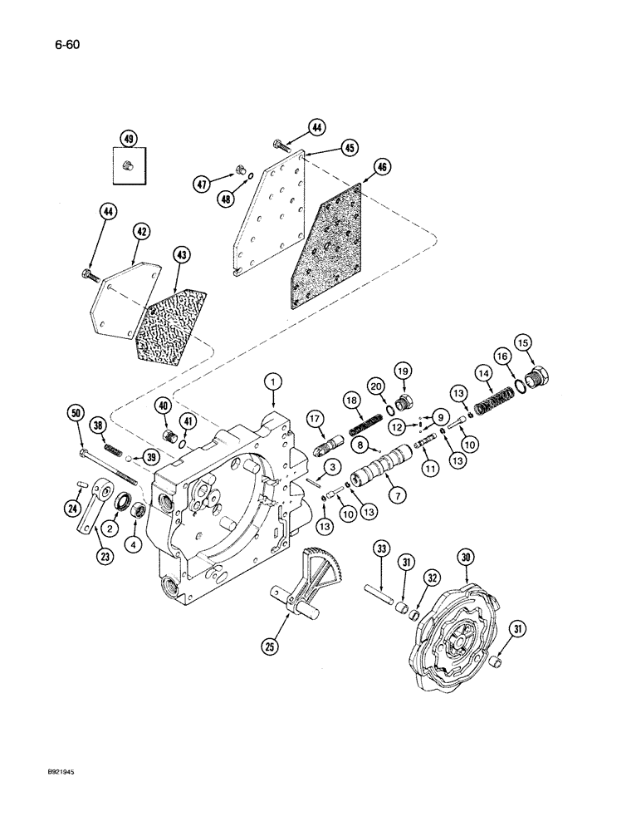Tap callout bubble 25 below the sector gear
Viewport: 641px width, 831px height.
[270, 645]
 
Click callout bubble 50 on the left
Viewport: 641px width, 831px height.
[76, 414]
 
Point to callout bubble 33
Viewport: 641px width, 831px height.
[381, 549]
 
